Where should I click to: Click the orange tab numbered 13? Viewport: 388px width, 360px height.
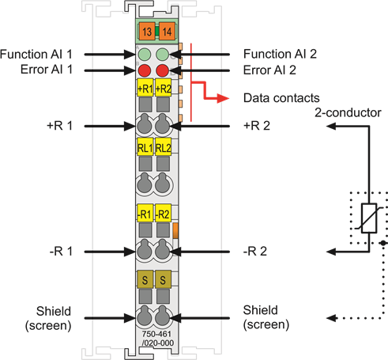click(147, 32)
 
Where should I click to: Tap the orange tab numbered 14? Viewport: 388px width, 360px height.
click(167, 32)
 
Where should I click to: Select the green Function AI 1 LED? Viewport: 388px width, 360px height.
click(145, 55)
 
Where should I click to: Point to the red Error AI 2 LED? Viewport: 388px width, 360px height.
click(162, 70)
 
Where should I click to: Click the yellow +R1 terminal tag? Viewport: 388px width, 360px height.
click(145, 89)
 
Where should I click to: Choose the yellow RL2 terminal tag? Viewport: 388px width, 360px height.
click(163, 148)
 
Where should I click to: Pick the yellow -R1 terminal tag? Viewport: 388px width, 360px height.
click(145, 214)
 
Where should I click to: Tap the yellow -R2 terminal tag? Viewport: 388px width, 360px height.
click(163, 214)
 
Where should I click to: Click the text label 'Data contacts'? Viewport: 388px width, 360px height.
click(281, 98)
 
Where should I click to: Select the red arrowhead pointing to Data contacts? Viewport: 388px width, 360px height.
click(223, 99)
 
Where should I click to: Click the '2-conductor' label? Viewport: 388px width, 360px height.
click(348, 112)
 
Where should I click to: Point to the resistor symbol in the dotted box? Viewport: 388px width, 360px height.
click(369, 218)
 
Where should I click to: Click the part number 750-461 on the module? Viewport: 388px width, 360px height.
click(156, 334)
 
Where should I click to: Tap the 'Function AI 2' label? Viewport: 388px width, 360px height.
click(280, 54)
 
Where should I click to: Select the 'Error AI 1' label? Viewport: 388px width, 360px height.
click(47, 70)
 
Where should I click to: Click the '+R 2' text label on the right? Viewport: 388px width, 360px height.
click(257, 126)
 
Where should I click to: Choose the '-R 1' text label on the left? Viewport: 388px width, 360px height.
click(61, 252)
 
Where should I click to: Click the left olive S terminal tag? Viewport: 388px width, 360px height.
click(145, 279)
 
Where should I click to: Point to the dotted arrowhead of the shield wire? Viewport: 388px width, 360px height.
click(332, 318)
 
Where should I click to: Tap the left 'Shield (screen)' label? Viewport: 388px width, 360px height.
click(48, 318)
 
